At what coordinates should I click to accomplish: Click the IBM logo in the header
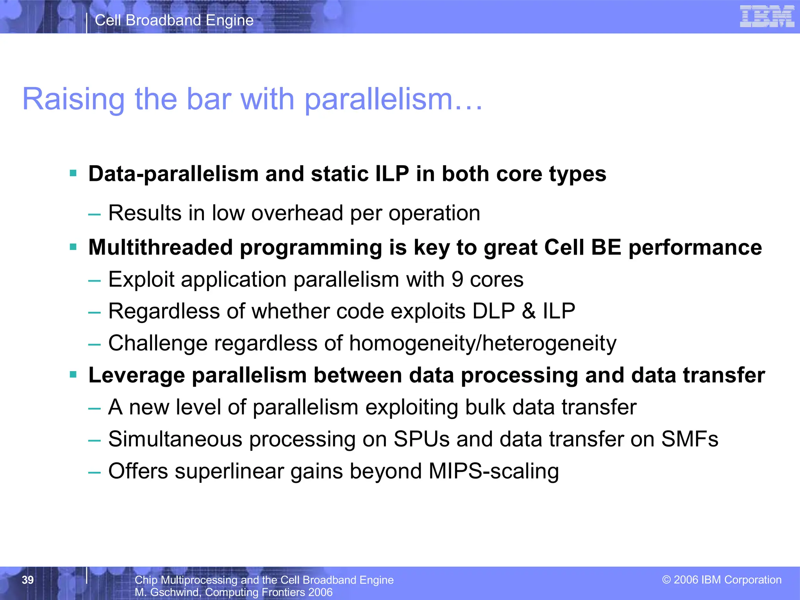[767, 16]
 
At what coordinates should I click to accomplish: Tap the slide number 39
[28, 580]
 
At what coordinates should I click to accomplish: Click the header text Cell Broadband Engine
[174, 20]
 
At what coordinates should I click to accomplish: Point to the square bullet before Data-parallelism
[73, 173]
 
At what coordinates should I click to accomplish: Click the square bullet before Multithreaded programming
[73, 247]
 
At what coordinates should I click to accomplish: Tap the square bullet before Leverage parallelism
[73, 375]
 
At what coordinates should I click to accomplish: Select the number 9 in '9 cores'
[457, 280]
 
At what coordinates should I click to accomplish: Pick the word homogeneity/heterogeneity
[482, 343]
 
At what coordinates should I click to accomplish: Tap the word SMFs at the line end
[689, 439]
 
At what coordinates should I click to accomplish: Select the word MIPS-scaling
[494, 471]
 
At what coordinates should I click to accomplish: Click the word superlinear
[229, 471]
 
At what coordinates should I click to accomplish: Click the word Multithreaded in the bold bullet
[161, 248]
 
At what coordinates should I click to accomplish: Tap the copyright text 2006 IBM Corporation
[722, 580]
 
